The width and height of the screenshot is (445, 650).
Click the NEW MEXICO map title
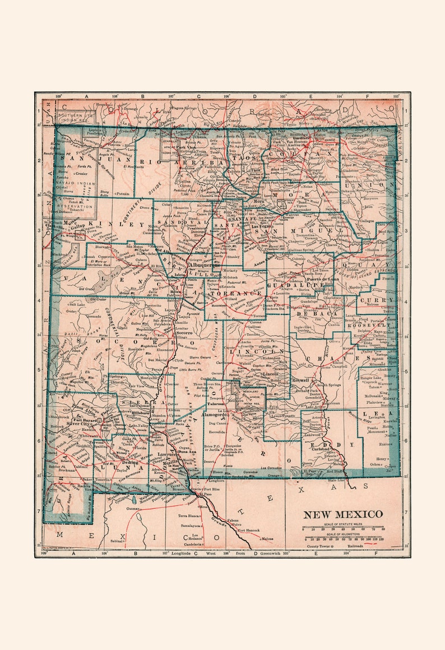point(343,514)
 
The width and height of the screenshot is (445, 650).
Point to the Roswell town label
point(301,380)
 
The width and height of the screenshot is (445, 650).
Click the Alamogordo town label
point(222,410)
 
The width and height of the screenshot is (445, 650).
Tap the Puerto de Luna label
point(321,279)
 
